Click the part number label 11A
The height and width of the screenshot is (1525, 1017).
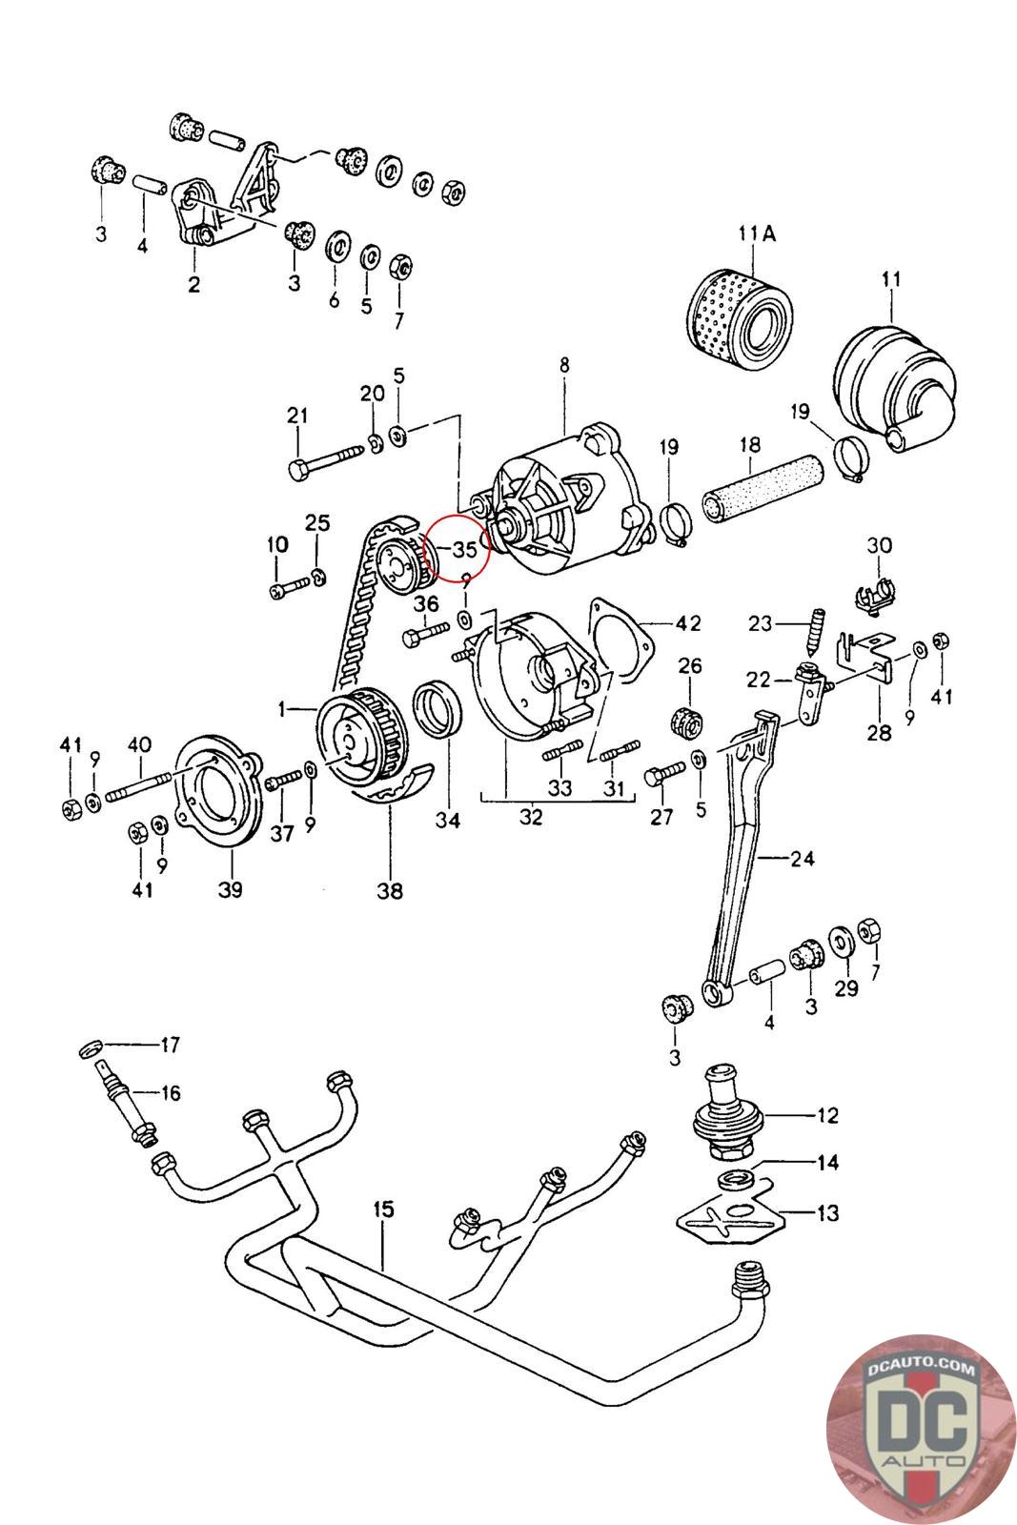click(x=757, y=233)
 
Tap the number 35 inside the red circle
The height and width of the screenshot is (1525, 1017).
click(x=464, y=549)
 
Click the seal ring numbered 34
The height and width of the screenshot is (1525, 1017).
click(x=438, y=709)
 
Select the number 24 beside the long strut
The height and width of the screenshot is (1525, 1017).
click(x=802, y=858)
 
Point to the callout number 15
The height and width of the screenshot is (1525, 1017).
click(x=383, y=1210)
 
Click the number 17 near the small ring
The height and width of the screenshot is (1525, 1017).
click(x=170, y=1045)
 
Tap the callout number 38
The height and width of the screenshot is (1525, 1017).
click(x=390, y=891)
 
